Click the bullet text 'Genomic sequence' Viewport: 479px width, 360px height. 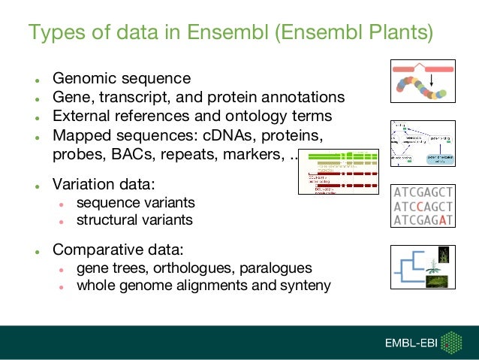(x=121, y=78)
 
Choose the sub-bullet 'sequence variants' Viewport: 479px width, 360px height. (x=135, y=203)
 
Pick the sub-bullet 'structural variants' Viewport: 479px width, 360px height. (x=134, y=220)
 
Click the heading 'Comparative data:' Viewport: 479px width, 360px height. (x=118, y=250)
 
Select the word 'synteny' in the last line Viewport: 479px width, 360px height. (x=305, y=286)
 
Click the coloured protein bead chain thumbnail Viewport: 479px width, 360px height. (x=421, y=82)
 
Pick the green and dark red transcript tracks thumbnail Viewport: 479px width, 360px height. (x=339, y=172)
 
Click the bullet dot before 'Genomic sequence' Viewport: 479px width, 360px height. (x=35, y=80)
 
